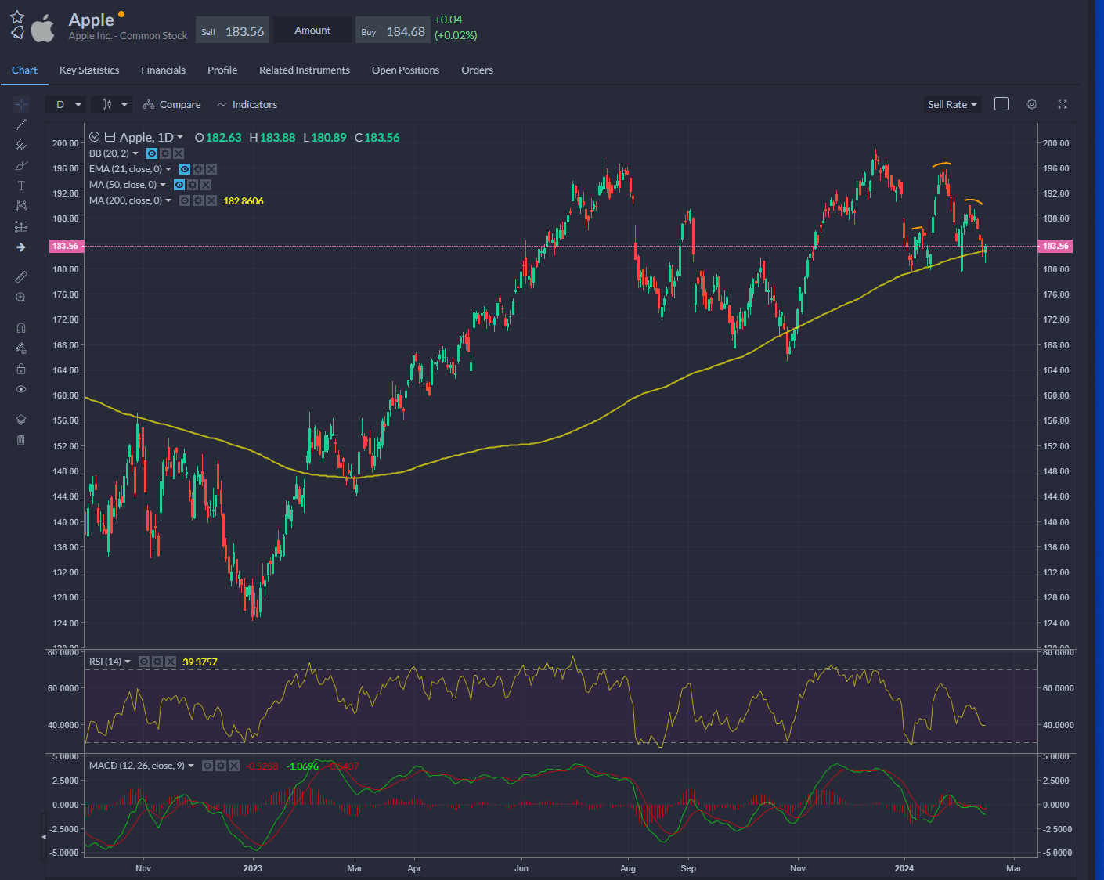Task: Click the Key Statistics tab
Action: (x=89, y=70)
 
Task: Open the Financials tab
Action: (x=163, y=70)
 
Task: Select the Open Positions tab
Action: (x=405, y=70)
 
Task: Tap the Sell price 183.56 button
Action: (x=233, y=31)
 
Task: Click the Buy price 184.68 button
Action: (x=393, y=31)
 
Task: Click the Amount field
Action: (x=312, y=31)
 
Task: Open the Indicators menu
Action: (x=247, y=105)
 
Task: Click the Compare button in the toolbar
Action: (x=172, y=105)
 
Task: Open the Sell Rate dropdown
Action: (x=952, y=105)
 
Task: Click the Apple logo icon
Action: (x=42, y=28)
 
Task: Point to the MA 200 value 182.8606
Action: (x=244, y=201)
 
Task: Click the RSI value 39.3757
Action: (x=200, y=662)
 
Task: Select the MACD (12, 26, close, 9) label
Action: (x=137, y=766)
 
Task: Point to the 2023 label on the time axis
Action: (x=253, y=868)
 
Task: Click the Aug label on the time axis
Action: (x=628, y=868)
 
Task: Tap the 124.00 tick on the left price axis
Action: (x=65, y=623)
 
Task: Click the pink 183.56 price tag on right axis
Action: (x=1055, y=247)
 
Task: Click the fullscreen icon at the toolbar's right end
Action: (x=1063, y=105)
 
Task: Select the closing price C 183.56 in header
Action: (x=377, y=138)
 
